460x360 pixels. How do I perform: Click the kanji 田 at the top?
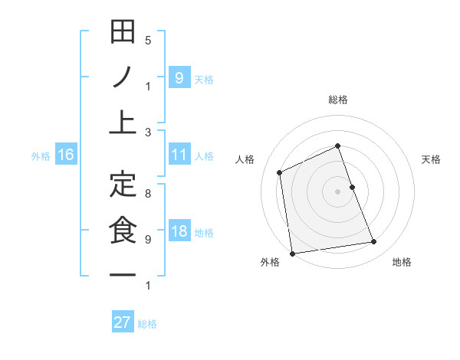(123, 34)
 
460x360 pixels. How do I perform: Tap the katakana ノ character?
(123, 77)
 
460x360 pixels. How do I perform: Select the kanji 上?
(123, 122)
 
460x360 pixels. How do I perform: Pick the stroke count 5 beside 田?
(148, 40)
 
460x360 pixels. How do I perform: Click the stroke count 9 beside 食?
(148, 239)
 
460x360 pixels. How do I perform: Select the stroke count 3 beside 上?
(148, 132)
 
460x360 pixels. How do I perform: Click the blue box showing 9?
(179, 77)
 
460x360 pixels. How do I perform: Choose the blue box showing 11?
(179, 155)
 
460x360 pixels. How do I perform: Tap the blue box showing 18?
(179, 232)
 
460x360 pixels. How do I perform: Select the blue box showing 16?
(66, 155)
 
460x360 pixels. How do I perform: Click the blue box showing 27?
(122, 322)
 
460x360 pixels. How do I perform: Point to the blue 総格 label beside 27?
(148, 324)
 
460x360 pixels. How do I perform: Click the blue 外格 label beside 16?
(41, 156)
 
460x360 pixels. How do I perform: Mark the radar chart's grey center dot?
(337, 191)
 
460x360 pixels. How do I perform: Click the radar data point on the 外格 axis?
(292, 253)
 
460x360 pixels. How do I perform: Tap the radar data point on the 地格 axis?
(374, 242)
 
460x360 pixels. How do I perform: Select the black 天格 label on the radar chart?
(432, 159)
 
